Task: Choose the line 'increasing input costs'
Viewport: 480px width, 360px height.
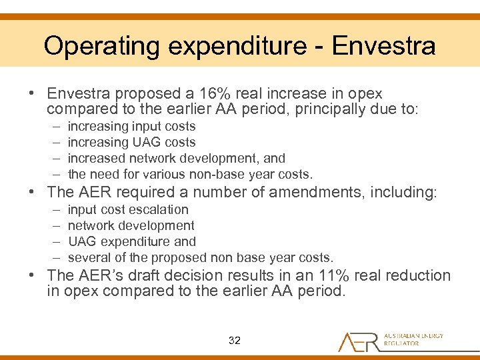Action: click(x=131, y=126)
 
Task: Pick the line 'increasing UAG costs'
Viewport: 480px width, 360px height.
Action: click(x=131, y=142)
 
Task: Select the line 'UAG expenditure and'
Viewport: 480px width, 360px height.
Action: click(x=131, y=241)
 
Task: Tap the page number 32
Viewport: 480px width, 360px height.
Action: click(x=234, y=340)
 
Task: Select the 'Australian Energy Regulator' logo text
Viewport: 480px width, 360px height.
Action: click(x=413, y=340)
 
